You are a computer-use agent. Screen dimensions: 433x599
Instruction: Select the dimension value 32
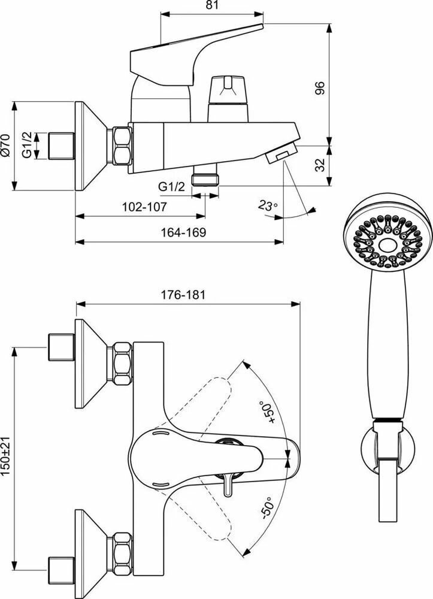320,164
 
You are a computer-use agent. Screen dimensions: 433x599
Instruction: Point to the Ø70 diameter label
7,146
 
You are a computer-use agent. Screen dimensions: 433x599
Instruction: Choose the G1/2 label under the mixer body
171,187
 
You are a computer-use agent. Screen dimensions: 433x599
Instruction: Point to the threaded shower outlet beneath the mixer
205,179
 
